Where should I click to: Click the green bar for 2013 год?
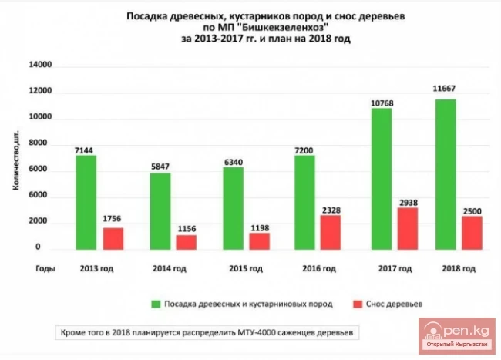click(86, 202)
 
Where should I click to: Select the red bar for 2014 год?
click(186, 241)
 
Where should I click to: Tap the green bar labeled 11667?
click(446, 173)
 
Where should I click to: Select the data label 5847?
click(160, 164)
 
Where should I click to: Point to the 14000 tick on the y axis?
click(40, 66)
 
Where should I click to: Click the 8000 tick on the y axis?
click(42, 144)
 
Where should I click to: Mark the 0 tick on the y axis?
click(49, 248)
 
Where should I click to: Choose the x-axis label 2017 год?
click(392, 269)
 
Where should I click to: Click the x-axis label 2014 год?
click(171, 269)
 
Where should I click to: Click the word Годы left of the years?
click(43, 269)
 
